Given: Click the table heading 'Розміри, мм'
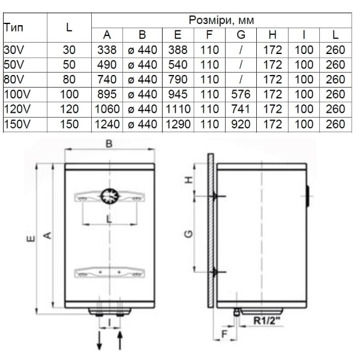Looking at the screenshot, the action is pos(221,20).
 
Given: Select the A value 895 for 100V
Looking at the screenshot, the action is pos(107,94).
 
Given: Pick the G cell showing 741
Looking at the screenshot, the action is pos(241,109).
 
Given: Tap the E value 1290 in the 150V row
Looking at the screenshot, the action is pos(178,124).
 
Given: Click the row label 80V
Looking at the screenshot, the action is pos(14,79).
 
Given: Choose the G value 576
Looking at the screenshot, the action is pos(241,94).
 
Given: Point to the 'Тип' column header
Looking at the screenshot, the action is pos(14,28).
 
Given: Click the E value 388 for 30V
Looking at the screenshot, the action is pos(178,50).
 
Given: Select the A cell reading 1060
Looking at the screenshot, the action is pos(107,109).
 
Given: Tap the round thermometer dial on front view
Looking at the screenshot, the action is pos(110,196).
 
